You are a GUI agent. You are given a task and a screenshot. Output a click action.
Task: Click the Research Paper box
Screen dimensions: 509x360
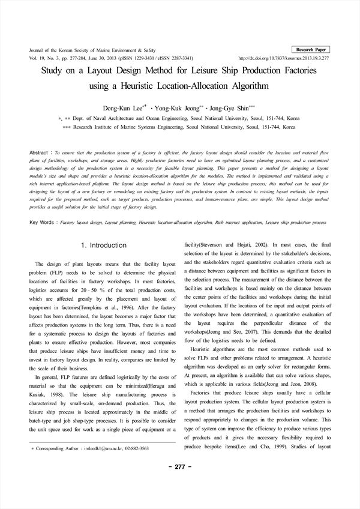pyautogui.click(x=312, y=49)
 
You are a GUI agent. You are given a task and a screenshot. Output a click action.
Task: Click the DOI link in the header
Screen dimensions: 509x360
pyautogui.click(x=284, y=58)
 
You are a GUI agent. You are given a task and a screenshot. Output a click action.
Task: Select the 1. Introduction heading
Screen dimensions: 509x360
pyautogui.click(x=103, y=245)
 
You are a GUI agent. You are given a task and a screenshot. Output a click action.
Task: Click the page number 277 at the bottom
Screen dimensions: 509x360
pyautogui.click(x=180, y=466)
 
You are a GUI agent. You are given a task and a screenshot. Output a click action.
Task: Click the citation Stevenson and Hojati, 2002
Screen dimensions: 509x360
pyautogui.click(x=229, y=245)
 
